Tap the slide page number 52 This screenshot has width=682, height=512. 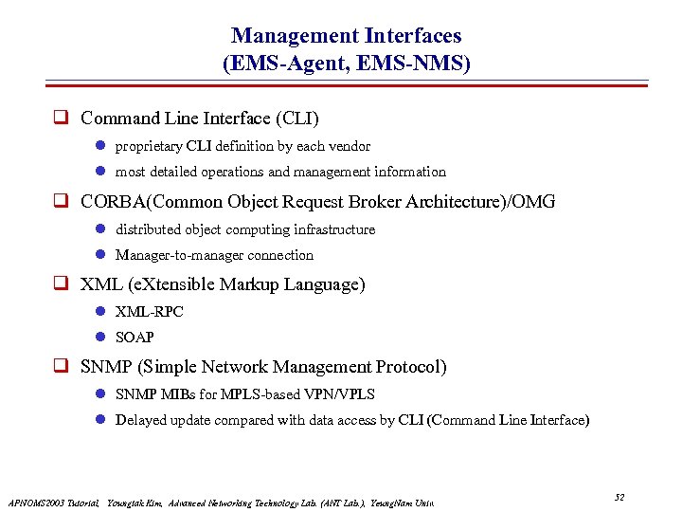coord(619,497)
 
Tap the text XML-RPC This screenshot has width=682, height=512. coord(149,312)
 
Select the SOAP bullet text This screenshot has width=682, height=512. coord(135,338)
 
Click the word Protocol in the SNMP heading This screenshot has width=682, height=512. coord(411,367)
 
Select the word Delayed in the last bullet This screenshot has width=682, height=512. coord(139,420)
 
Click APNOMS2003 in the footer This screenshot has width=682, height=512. coord(33,502)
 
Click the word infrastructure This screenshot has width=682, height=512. coord(336,229)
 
